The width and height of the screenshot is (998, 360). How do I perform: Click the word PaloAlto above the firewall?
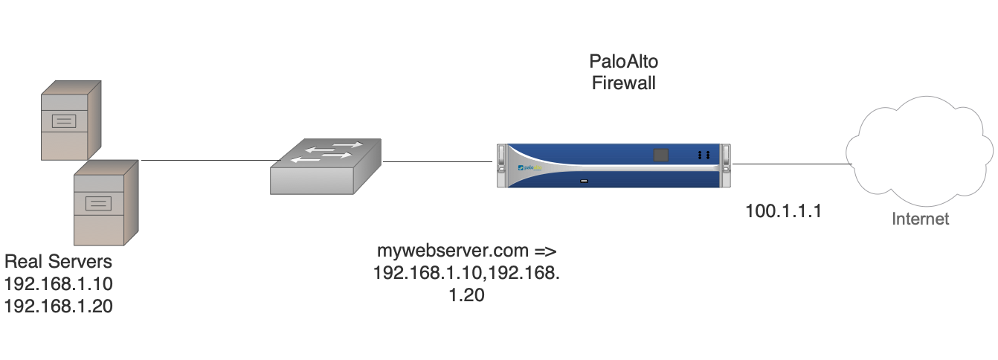tap(624, 62)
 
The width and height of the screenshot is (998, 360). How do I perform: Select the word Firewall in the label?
tap(624, 83)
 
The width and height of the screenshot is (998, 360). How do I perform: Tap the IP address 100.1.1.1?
tap(783, 211)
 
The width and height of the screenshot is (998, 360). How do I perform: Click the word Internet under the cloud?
tap(921, 219)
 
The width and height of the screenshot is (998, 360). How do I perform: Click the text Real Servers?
tap(58, 262)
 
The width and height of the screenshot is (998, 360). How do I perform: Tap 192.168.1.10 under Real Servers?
tap(58, 283)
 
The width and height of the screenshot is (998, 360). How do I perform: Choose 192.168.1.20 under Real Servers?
tap(58, 305)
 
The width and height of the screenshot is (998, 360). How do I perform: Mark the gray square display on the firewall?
tap(660, 155)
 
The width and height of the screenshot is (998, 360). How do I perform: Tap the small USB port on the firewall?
tap(585, 181)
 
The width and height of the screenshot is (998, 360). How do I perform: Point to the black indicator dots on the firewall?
tap(704, 155)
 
